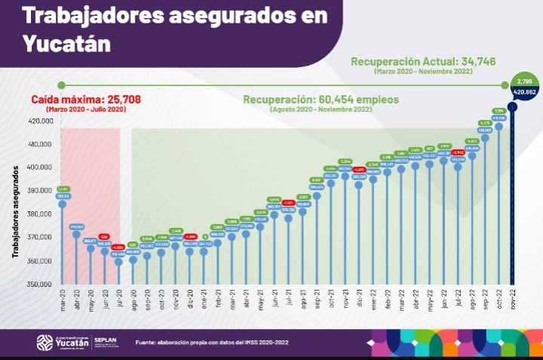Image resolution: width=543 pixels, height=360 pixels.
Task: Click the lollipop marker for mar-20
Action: (x=62, y=204)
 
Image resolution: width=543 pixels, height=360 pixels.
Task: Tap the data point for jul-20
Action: (x=118, y=261)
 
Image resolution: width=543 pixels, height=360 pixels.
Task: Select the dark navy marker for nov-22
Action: (x=512, y=106)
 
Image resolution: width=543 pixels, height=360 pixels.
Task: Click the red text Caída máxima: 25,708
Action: (x=86, y=100)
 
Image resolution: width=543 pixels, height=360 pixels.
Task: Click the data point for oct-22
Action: (x=499, y=126)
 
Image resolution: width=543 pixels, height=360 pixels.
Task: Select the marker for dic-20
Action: (x=189, y=251)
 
